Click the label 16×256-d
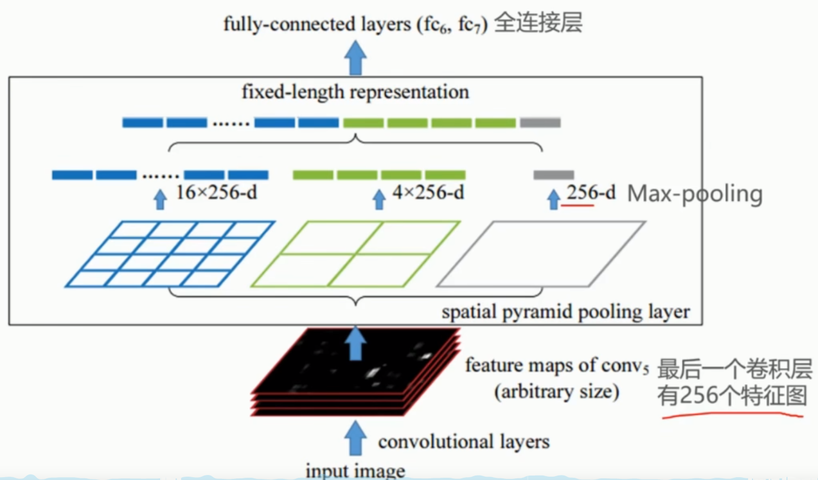tap(216, 193)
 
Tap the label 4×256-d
tap(428, 193)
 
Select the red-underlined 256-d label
tap(591, 193)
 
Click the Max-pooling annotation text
tap(695, 194)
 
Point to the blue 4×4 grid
tap(170, 254)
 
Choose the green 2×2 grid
tap(355, 254)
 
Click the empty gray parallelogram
tap(541, 254)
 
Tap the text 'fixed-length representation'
tap(355, 92)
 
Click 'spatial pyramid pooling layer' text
tap(565, 312)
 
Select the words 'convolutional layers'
tap(464, 442)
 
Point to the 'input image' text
tap(355, 471)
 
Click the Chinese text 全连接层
tap(538, 23)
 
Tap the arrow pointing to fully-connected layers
tap(355, 58)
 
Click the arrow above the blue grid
tap(160, 199)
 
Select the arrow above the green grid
tap(379, 199)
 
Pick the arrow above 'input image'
tap(355, 438)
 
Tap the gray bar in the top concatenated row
tap(540, 122)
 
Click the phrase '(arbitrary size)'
tap(556, 392)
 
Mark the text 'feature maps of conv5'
tap(556, 365)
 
